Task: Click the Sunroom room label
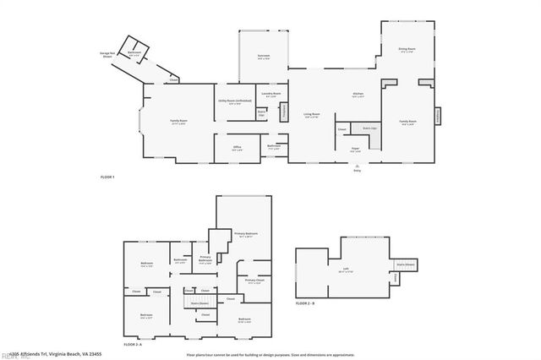click(x=264, y=57)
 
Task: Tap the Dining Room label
click(x=407, y=50)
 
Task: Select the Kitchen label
click(x=358, y=94)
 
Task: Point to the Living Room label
click(x=312, y=114)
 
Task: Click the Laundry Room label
click(x=270, y=94)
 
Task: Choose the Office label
click(x=238, y=148)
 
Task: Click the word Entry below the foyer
click(x=356, y=170)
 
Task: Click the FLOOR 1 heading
click(x=107, y=177)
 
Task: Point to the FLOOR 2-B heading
click(x=305, y=303)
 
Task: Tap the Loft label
click(x=346, y=270)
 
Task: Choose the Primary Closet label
click(x=255, y=280)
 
